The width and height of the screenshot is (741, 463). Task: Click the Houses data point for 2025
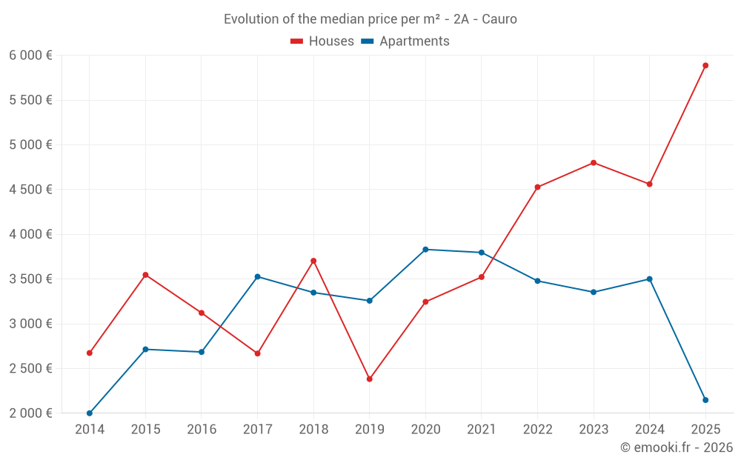coord(705,65)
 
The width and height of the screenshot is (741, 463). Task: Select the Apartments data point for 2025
coord(705,400)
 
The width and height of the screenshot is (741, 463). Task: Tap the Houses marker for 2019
coord(370,379)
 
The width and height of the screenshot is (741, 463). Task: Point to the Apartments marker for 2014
coord(90,413)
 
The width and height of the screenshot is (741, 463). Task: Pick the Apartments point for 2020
coord(425,250)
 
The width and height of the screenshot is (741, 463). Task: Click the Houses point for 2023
coord(594,163)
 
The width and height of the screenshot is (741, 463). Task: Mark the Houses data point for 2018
coord(313,261)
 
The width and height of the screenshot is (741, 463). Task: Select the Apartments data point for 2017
coord(257,276)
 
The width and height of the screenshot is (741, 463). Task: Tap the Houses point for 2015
coord(145,275)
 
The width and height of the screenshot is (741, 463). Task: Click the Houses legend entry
coord(322,41)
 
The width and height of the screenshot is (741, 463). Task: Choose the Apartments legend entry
coord(405,41)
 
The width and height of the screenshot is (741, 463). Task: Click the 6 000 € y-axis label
coord(30,56)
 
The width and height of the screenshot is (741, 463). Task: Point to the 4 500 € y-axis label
coord(30,190)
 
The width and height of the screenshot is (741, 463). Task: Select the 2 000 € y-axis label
coord(30,413)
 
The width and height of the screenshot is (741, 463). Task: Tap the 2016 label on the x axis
coord(202,430)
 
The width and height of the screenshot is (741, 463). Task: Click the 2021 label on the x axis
coord(482,430)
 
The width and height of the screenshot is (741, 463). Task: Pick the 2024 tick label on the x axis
coord(650,430)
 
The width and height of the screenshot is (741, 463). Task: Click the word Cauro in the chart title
coord(499,19)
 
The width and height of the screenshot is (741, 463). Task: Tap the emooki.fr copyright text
coord(676,447)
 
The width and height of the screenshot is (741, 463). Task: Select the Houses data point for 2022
coord(537,187)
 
